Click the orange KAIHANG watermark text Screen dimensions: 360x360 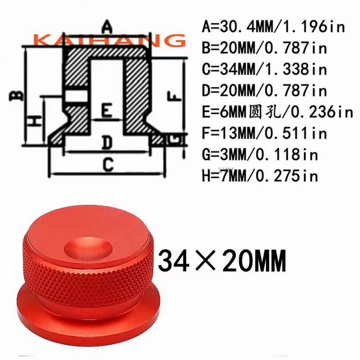point(109,40)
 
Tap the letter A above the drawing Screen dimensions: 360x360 point(107,27)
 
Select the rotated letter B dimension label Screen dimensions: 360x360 point(16,95)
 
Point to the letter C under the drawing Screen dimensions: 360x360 point(108,164)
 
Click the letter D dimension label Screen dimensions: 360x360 point(107,143)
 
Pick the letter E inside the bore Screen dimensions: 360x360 point(107,111)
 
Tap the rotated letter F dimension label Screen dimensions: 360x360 point(174,96)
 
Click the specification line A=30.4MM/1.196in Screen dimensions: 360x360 point(273,27)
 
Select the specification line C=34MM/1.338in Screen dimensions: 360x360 point(264,69)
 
